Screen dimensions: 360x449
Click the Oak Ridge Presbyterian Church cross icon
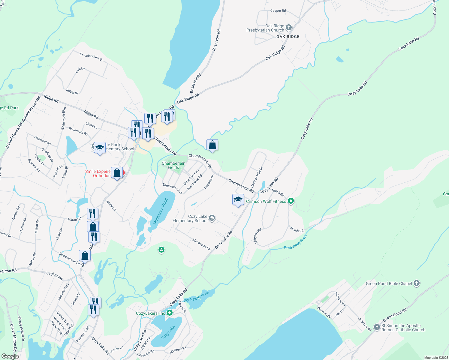tap(288, 28)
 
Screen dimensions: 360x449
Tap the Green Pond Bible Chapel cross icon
tap(416, 283)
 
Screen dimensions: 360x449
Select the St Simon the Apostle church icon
tap(377, 327)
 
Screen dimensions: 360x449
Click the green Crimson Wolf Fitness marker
tap(291, 201)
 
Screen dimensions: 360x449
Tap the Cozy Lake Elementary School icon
tap(212, 218)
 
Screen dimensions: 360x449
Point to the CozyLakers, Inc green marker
tap(170, 313)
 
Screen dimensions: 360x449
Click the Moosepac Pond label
tap(161, 211)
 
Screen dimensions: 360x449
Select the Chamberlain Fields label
tap(173, 165)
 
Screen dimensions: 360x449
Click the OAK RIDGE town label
tap(288, 37)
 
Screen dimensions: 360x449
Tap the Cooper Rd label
tap(278, 11)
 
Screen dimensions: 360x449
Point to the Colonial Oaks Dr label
tap(91, 57)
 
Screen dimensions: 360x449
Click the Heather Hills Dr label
tap(257, 177)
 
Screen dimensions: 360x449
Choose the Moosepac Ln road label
tap(201, 244)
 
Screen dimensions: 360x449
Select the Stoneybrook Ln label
tap(69, 259)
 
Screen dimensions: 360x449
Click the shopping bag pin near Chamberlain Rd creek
tap(212, 145)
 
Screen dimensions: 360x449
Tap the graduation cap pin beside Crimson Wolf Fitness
tap(238, 199)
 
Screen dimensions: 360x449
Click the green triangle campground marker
tap(161, 250)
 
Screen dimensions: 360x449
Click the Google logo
tap(10, 356)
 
